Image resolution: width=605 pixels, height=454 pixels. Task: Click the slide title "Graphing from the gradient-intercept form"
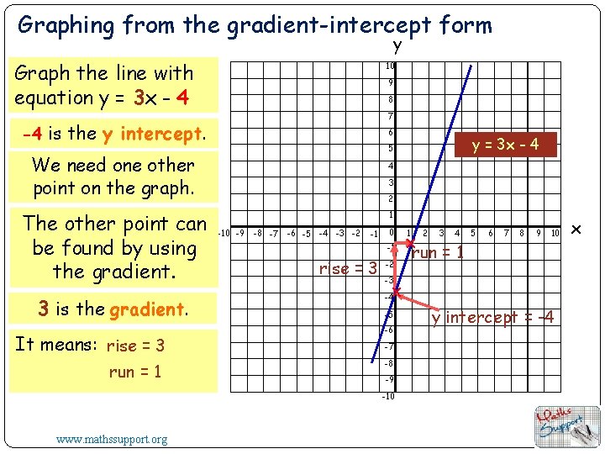point(255,25)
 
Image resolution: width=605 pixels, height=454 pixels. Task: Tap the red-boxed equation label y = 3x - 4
point(505,145)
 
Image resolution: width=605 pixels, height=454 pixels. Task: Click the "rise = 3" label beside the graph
point(347,269)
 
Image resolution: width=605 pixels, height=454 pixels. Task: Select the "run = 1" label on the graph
point(437,251)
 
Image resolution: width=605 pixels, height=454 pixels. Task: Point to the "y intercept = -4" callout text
point(492,317)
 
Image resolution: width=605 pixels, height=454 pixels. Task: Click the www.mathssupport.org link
point(112,438)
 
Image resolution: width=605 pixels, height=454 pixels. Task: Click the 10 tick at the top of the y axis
point(390,66)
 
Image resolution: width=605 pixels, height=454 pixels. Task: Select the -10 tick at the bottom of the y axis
point(388,396)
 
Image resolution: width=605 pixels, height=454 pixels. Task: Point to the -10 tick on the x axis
point(224,233)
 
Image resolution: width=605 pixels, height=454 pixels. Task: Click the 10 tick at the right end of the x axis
point(555,233)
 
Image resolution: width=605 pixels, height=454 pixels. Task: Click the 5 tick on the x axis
point(473,233)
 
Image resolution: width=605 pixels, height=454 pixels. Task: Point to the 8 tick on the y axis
point(391,99)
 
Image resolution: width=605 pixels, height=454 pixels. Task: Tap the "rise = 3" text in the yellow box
point(135,346)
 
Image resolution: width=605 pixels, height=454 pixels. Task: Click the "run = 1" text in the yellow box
point(134,372)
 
